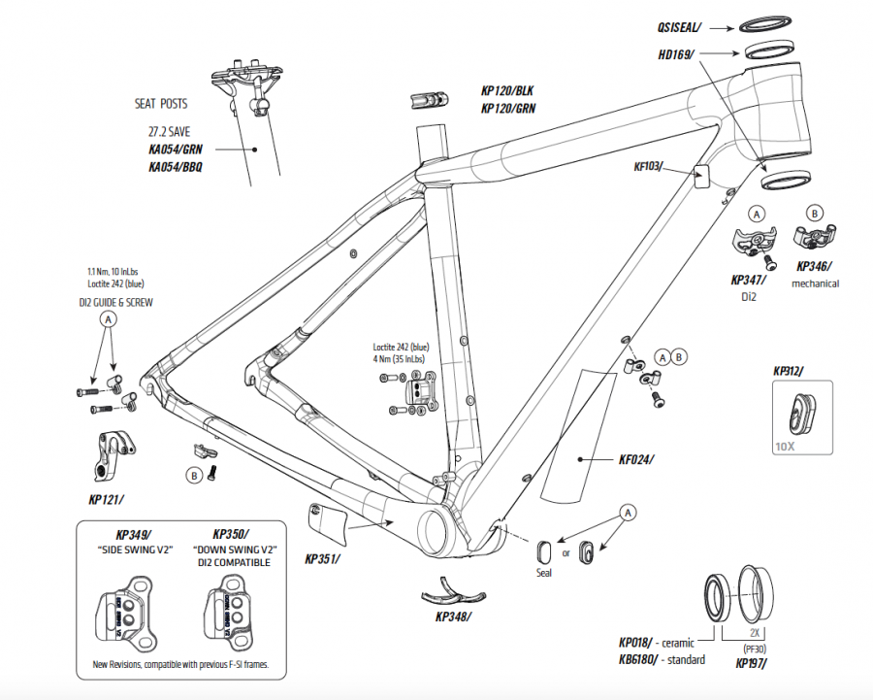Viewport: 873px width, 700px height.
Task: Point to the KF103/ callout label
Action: tap(648, 167)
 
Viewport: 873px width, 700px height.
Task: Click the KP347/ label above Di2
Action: tap(748, 280)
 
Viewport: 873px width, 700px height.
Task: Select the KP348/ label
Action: tap(456, 617)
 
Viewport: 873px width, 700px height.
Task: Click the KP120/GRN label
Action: tap(507, 109)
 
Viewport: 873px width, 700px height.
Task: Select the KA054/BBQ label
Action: tap(176, 167)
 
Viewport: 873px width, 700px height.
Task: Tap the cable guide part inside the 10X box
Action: tap(801, 412)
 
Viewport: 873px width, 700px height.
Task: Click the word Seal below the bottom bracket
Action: tap(544, 575)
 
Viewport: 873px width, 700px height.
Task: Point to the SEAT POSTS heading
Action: tap(161, 104)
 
